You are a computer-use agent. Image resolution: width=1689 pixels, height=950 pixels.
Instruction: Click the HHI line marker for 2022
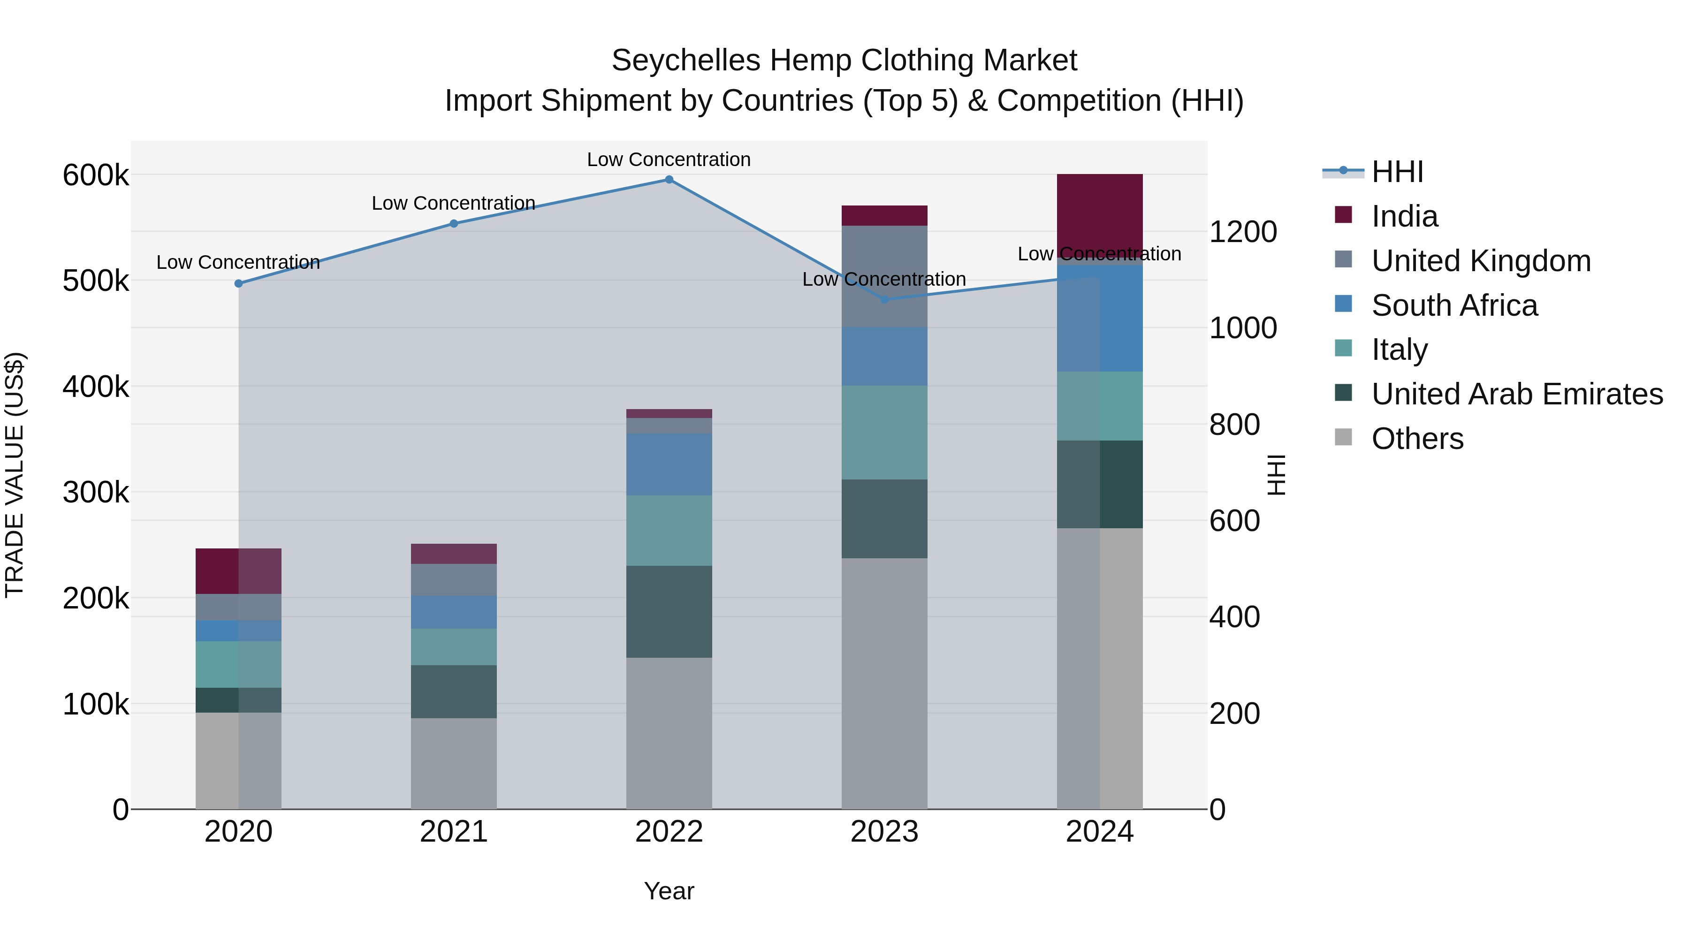point(669,180)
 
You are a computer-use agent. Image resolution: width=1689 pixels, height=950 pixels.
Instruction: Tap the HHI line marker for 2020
point(239,283)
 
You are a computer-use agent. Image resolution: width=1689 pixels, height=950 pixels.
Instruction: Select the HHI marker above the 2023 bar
point(884,300)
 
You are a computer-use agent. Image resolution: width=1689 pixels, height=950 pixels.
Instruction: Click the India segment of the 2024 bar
point(1100,213)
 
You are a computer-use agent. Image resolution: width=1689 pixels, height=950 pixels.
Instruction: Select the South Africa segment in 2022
point(669,464)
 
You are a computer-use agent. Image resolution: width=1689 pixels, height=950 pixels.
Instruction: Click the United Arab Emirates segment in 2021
point(454,691)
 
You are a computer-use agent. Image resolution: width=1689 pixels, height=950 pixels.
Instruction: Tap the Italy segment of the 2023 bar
point(884,432)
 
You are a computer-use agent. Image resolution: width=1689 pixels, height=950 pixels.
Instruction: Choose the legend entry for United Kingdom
point(1481,261)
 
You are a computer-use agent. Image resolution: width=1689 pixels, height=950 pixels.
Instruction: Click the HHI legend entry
point(1397,172)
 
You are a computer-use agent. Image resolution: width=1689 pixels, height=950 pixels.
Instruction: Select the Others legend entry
point(1417,439)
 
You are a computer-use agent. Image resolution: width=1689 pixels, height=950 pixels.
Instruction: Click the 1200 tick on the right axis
point(1242,232)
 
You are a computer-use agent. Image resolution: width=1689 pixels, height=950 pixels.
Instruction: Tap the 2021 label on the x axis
point(454,832)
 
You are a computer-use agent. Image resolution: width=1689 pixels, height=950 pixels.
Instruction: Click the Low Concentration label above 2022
point(668,160)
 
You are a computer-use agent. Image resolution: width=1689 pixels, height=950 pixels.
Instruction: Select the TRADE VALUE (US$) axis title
point(15,475)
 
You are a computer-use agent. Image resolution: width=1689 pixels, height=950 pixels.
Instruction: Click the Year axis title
point(669,891)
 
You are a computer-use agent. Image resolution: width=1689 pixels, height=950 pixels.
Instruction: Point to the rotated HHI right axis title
point(1276,475)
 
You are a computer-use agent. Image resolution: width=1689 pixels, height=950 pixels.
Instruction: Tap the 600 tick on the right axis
point(1234,521)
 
